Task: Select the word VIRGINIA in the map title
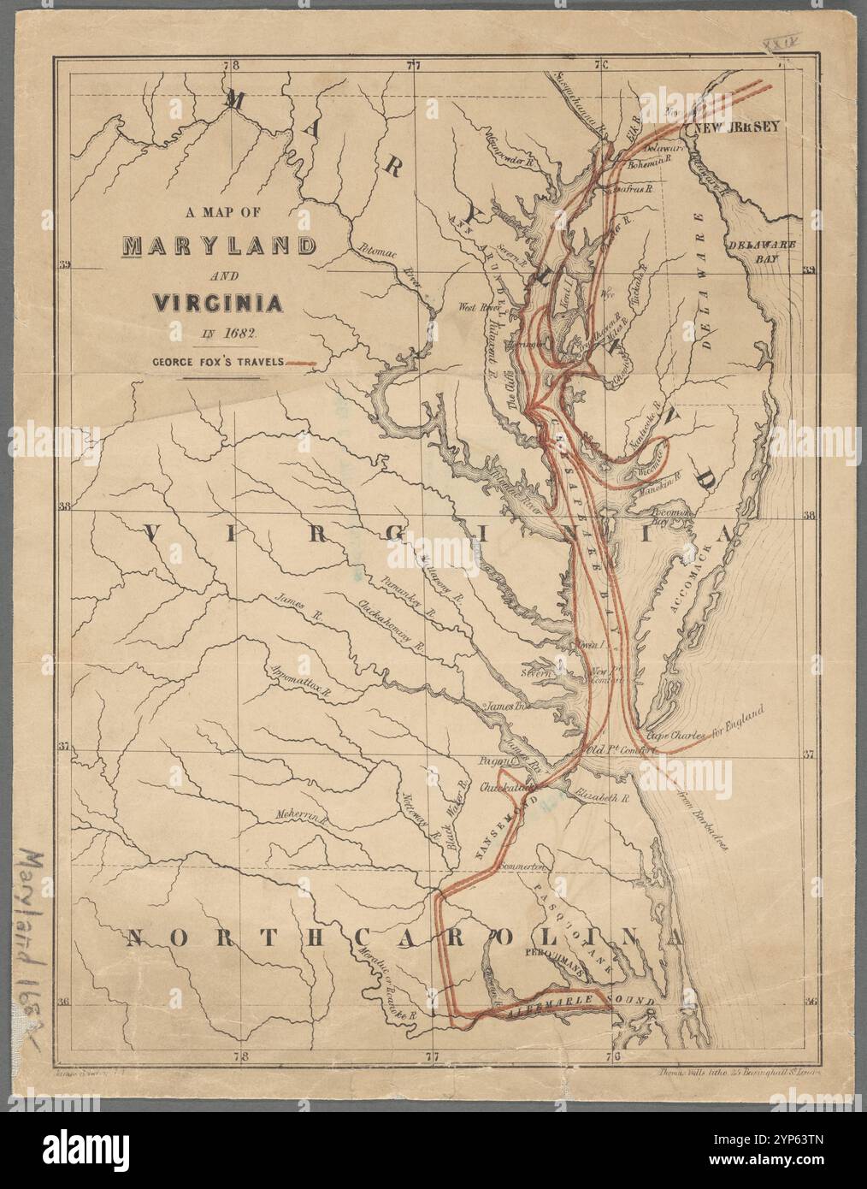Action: [218, 302]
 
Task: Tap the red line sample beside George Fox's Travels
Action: [300, 364]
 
